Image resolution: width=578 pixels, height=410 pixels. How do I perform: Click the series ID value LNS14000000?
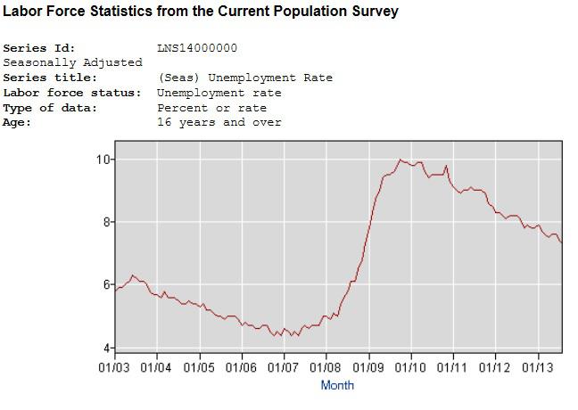click(197, 48)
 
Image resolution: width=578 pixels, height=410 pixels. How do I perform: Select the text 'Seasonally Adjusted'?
click(72, 62)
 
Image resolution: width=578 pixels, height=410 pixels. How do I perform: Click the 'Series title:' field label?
click(50, 78)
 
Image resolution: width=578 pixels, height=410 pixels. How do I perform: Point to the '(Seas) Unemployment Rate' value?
click(245, 78)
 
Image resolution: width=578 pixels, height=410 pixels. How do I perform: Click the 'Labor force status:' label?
click(72, 93)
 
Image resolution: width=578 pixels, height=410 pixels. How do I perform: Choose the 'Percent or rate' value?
click(212, 108)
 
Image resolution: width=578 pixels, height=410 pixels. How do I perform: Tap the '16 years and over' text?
click(219, 122)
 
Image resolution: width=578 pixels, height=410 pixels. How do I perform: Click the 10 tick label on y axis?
click(103, 160)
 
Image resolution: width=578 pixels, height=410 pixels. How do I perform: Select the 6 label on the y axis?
click(106, 284)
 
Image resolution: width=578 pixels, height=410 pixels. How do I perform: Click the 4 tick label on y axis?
click(106, 348)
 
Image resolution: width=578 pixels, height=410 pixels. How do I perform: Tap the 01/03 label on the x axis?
click(114, 367)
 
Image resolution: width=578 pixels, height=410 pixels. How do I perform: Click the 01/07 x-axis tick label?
click(283, 367)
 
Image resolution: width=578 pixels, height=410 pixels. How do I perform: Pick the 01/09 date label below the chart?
click(368, 367)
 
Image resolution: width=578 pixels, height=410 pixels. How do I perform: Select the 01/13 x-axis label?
click(538, 367)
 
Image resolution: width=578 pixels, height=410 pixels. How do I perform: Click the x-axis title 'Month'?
click(337, 385)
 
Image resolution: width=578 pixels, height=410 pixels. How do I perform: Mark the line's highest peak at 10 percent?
click(400, 160)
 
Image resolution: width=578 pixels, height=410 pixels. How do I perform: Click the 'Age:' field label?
click(17, 123)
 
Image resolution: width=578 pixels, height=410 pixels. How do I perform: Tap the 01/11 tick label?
click(452, 367)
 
